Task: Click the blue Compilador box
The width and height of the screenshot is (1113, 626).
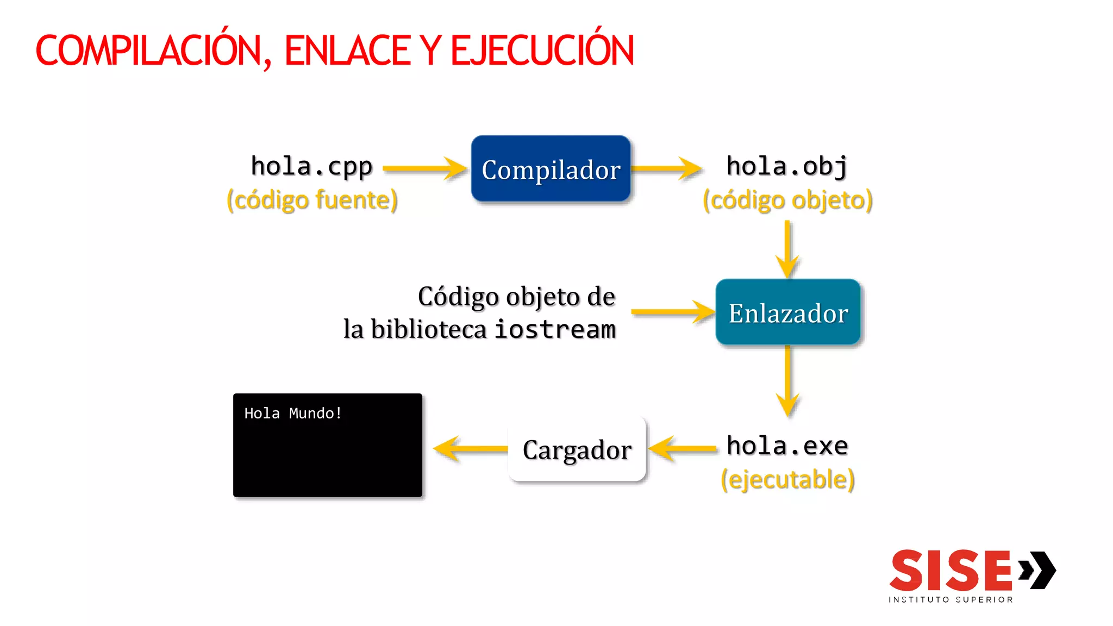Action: [x=551, y=169]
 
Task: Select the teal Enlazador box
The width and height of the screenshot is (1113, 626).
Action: [x=787, y=312]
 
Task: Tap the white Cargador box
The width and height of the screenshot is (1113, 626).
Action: [x=577, y=449]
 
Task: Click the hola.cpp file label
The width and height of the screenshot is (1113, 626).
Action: [x=311, y=166]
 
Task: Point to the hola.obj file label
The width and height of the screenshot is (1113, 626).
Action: [x=787, y=166]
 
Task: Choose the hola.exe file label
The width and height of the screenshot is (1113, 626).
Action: [x=787, y=446]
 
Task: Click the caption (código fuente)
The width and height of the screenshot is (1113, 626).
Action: [x=312, y=200]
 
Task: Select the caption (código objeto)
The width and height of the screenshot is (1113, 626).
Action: [x=787, y=200]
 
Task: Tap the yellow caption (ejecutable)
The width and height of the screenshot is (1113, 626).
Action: [x=787, y=480]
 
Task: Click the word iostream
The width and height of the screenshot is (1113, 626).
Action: [x=555, y=329]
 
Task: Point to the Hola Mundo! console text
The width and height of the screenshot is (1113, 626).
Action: [x=293, y=414]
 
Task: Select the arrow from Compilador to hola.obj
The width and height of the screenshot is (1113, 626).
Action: [x=666, y=168]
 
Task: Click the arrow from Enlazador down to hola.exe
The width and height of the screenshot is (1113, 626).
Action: [x=787, y=380]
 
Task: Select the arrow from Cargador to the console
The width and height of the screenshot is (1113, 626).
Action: [x=470, y=449]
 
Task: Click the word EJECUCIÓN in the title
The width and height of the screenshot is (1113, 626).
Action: [x=542, y=51]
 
